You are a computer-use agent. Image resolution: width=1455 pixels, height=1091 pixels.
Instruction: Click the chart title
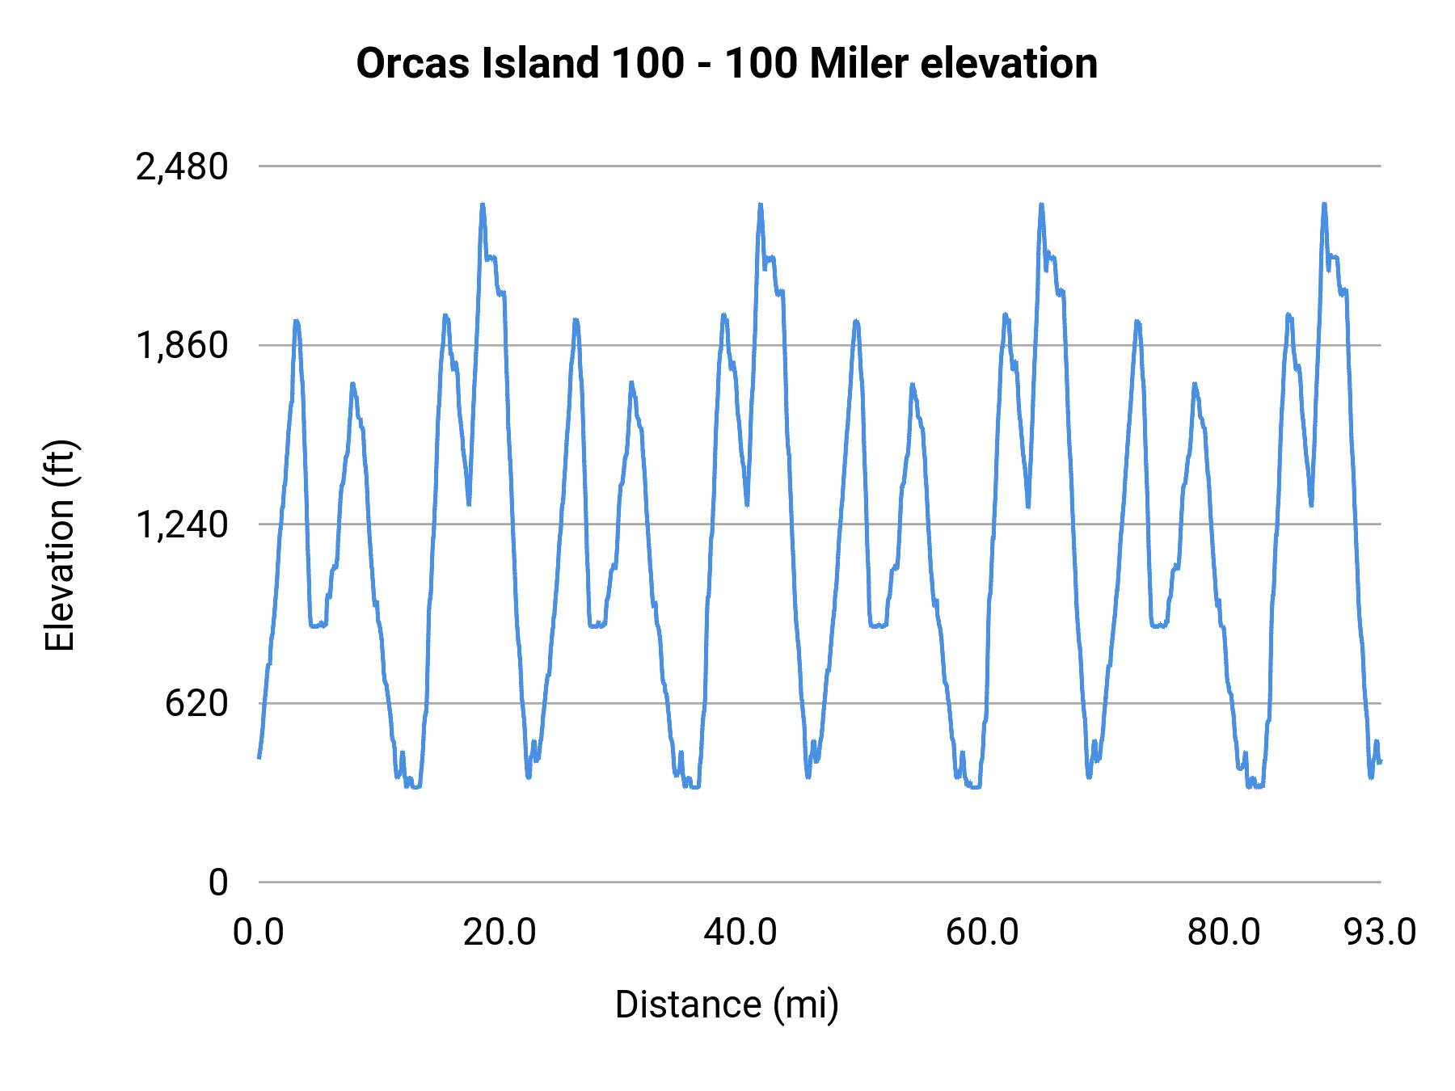tap(727, 63)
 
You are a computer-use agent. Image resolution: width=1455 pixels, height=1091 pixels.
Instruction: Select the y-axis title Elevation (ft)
tap(60, 545)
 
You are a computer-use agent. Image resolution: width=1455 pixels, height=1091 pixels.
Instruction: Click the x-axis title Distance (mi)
tap(727, 1005)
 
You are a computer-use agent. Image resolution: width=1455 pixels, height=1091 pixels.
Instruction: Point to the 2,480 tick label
tap(182, 167)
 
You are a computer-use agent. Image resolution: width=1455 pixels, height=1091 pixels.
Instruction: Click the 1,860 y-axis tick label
tap(182, 346)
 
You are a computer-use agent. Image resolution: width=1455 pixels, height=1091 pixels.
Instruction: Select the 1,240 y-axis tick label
tap(182, 525)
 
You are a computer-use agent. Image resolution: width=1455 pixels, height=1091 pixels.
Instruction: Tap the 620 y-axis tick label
tap(197, 704)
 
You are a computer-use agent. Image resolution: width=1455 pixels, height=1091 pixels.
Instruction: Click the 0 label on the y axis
tap(218, 882)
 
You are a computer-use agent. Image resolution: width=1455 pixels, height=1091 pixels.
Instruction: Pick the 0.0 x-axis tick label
tap(259, 933)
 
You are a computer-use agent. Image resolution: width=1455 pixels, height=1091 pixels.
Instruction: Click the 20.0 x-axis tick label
tap(500, 933)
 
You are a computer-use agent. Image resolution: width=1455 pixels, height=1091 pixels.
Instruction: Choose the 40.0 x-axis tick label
tap(740, 933)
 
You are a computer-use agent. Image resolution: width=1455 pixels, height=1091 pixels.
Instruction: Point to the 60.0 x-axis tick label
tap(982, 933)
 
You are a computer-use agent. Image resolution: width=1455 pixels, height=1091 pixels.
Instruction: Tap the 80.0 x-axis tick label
tap(1224, 933)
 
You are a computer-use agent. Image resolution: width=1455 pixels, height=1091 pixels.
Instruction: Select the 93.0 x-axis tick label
tap(1380, 933)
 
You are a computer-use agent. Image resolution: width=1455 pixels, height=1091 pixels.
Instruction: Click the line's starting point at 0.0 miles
tap(259, 757)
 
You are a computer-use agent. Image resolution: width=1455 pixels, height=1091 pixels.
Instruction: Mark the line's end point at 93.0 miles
tap(1381, 761)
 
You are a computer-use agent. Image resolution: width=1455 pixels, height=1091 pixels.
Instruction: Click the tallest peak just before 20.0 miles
tap(483, 204)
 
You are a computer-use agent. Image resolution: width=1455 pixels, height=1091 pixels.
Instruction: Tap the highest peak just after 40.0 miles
tap(761, 204)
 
